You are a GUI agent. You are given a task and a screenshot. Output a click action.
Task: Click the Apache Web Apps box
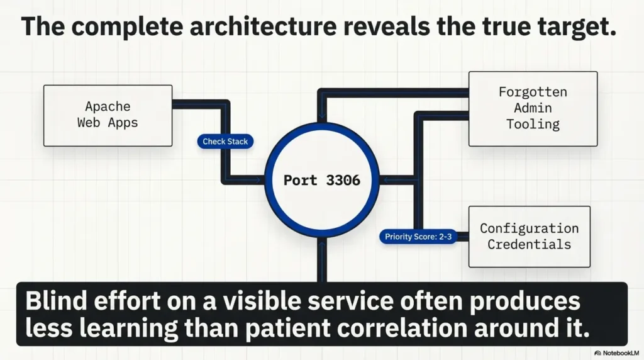pos(108,116)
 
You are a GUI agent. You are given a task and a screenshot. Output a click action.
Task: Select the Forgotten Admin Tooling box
pos(533,108)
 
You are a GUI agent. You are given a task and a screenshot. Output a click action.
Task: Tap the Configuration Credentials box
pos(529,236)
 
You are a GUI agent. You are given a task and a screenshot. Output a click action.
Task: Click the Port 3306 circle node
pos(321,180)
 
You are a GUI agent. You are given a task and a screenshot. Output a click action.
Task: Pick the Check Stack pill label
pos(225,142)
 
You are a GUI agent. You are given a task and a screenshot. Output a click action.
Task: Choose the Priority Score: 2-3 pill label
pos(416,237)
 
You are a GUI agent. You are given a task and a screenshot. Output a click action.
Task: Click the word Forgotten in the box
pos(533,92)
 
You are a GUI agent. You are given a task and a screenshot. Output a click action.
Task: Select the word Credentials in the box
pos(529,244)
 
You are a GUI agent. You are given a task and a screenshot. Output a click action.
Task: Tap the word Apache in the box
pos(107,106)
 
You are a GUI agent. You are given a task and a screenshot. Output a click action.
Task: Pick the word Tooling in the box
pos(533,124)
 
